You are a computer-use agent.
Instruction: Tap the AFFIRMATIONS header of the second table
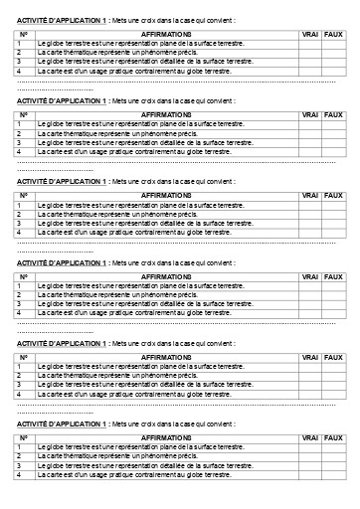point(166,114)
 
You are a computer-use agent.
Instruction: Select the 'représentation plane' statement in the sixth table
point(140,447)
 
